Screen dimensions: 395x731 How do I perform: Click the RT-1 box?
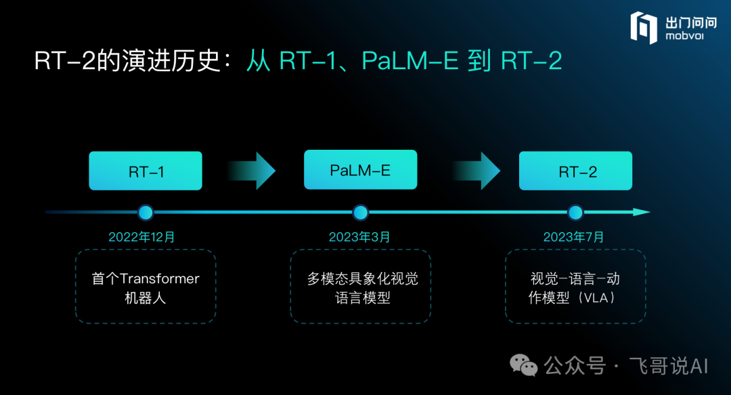click(x=146, y=171)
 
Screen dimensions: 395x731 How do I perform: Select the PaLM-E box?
click(x=360, y=170)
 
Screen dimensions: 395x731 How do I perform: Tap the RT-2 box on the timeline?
click(x=575, y=171)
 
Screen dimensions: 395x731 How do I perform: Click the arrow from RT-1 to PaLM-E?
click(x=251, y=171)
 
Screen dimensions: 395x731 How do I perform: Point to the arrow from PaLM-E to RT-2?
click(x=476, y=171)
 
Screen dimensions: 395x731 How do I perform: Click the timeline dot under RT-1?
click(x=146, y=213)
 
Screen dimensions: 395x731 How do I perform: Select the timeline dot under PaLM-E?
click(x=360, y=213)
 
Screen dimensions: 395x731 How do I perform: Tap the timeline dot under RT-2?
click(x=575, y=213)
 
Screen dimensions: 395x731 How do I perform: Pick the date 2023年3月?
click(x=359, y=237)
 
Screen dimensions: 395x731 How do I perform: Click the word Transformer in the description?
click(x=160, y=279)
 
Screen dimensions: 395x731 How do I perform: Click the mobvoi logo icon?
click(x=643, y=28)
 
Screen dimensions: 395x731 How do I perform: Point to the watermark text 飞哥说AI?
click(x=669, y=367)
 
